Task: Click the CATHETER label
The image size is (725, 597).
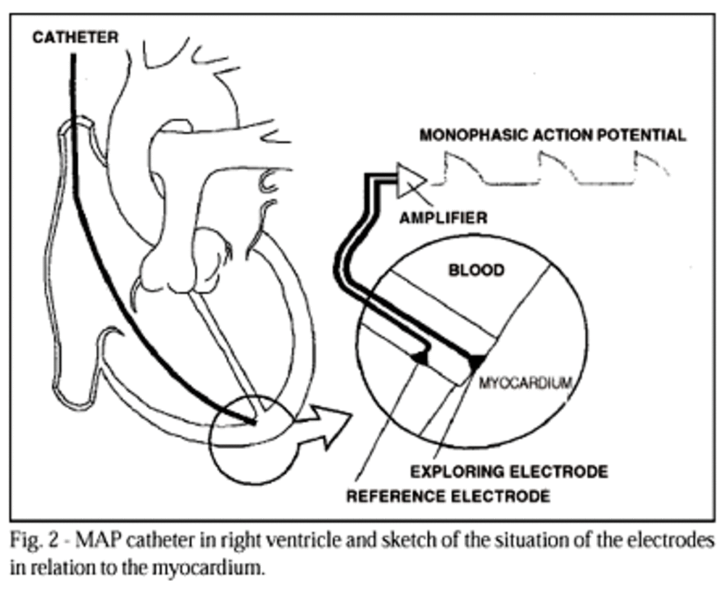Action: point(75,38)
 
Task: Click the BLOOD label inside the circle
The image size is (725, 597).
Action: point(476,271)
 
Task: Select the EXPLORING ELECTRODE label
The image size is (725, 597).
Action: point(509,472)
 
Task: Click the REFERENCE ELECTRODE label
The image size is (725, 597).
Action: point(447,496)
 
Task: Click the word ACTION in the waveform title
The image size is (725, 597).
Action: point(555,135)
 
